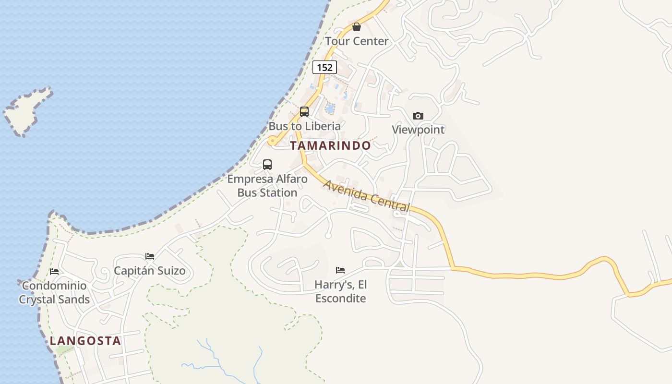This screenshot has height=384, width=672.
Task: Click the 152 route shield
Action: (324, 67)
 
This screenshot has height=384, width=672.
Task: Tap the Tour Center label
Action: (357, 41)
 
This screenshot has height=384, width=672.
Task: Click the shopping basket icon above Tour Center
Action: (357, 27)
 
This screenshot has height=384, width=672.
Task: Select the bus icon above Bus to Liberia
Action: (304, 112)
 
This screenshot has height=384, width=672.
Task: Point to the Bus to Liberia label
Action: (304, 126)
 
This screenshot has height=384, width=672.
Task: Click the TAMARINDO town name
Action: (331, 145)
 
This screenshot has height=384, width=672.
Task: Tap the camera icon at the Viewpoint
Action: (418, 116)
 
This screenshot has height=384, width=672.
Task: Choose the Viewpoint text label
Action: (418, 130)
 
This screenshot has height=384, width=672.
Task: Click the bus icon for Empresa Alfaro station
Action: (267, 165)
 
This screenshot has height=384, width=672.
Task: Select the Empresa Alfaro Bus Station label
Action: (267, 186)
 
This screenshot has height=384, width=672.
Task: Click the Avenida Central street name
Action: (367, 196)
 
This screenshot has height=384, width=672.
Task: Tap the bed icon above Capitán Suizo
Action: (150, 256)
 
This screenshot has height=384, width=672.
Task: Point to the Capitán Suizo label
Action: (150, 271)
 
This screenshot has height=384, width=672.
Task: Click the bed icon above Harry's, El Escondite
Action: (340, 270)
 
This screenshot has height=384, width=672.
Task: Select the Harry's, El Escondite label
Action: (340, 291)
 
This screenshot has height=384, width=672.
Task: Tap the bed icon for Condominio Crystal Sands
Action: (54, 272)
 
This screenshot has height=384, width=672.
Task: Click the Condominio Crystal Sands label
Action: (54, 293)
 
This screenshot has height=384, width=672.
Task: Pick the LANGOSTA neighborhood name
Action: (85, 341)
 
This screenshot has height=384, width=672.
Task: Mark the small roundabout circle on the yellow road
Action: (272, 141)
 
